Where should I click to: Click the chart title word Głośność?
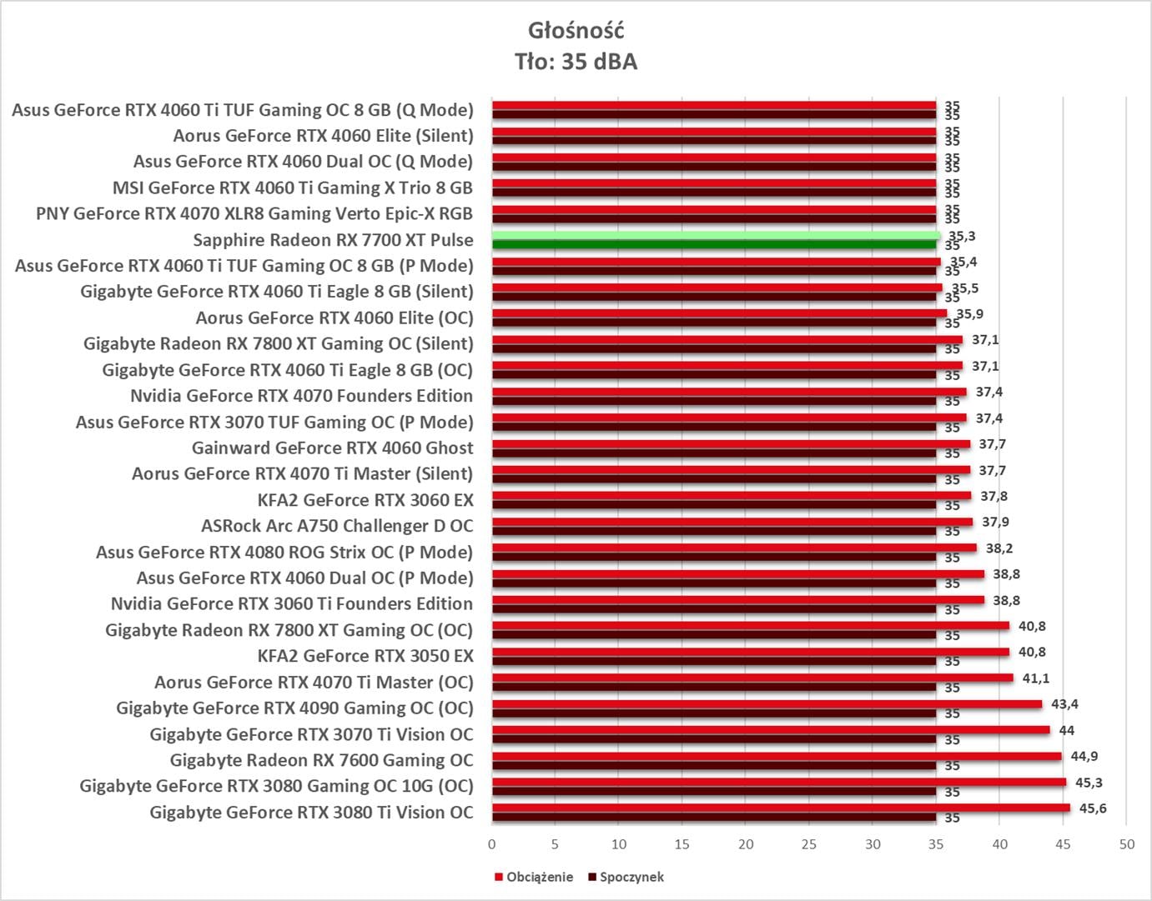(x=576, y=31)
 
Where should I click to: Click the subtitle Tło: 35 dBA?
(x=576, y=62)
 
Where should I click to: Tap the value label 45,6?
(x=1092, y=808)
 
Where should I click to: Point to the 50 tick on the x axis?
(x=1126, y=844)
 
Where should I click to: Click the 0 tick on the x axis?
(x=491, y=844)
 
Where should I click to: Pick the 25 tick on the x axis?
(x=809, y=844)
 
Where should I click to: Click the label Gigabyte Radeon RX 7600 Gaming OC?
(x=321, y=760)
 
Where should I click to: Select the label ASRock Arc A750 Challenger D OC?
(x=337, y=526)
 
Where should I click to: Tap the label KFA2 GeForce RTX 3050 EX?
(x=365, y=656)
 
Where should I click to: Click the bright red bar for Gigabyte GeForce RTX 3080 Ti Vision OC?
(x=780, y=808)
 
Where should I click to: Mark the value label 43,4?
(x=1064, y=704)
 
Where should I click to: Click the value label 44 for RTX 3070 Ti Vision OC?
(x=1066, y=730)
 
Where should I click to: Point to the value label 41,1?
(x=1036, y=678)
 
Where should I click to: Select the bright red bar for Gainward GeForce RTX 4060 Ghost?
(x=730, y=443)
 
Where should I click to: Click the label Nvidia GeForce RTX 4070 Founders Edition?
(x=301, y=396)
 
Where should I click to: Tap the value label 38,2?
(x=999, y=548)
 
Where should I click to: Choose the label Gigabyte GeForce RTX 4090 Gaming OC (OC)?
(x=294, y=708)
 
